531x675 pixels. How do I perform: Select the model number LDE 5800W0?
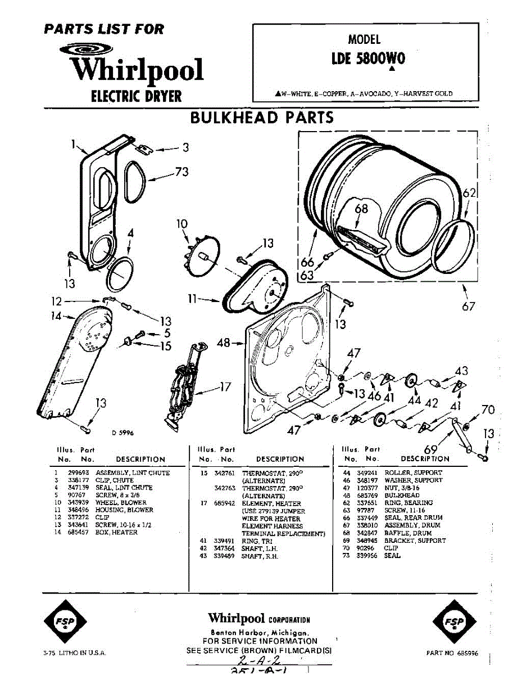368,58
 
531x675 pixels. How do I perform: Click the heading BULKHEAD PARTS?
262,118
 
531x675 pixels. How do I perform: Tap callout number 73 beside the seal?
181,172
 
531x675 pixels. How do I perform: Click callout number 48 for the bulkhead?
223,342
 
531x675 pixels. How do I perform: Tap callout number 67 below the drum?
468,306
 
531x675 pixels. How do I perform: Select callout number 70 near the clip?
488,409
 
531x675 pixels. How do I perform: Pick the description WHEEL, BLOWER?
121,502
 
